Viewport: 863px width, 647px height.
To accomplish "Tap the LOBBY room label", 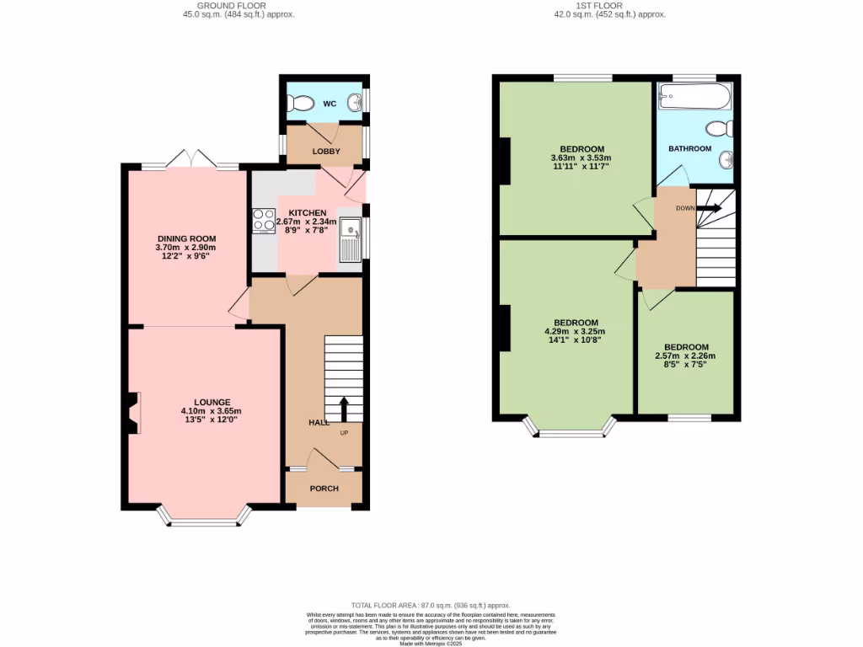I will point(325,152).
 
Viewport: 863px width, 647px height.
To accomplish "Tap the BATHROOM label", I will point(689,148).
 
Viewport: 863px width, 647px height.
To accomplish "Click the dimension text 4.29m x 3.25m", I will point(576,332).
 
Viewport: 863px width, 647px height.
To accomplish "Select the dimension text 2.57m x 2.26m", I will point(685,356).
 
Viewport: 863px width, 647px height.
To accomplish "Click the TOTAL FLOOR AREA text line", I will point(431,606).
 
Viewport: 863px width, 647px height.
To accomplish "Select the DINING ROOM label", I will point(185,238).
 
